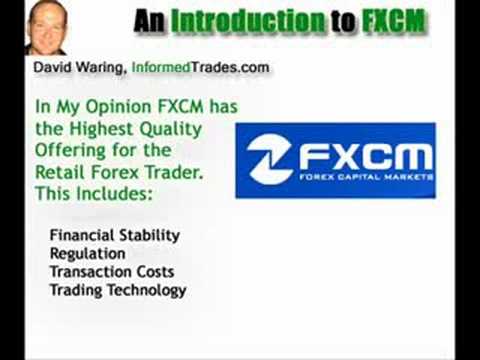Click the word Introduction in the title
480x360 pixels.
247,21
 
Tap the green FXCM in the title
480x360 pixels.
394,21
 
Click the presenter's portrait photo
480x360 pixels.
46,28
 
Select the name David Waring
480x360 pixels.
78,68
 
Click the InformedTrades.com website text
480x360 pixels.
200,67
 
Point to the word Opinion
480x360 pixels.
119,107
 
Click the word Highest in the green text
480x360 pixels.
101,129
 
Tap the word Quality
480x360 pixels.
170,129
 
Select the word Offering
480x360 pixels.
71,151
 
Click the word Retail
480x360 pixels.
60,172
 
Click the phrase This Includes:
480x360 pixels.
94,194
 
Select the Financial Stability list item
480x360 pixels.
115,235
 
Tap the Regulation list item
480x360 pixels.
88,254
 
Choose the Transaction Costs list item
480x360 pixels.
112,272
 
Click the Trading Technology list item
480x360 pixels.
118,290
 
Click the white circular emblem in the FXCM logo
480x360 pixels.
269,159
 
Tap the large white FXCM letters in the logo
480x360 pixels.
364,157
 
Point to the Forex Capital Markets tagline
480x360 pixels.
366,177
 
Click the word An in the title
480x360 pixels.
149,21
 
